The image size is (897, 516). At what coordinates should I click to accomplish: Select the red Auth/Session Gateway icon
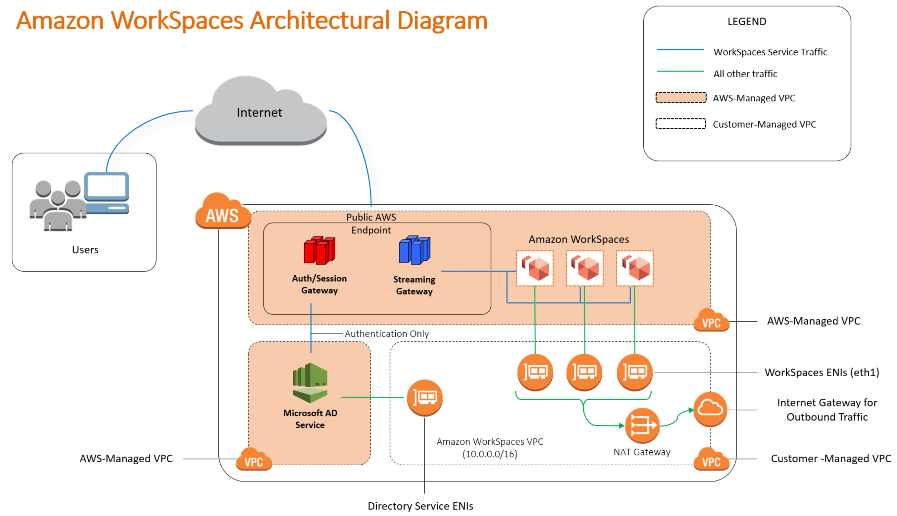pyautogui.click(x=319, y=250)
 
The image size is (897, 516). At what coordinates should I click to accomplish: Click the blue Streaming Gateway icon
pyautogui.click(x=414, y=250)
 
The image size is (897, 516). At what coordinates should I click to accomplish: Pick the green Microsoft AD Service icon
pyautogui.click(x=310, y=383)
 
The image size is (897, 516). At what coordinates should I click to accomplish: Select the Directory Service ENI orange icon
pyautogui.click(x=424, y=398)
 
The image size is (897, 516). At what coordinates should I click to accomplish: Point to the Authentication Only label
pyautogui.click(x=386, y=334)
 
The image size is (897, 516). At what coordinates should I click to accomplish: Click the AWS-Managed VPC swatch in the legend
pyautogui.click(x=680, y=98)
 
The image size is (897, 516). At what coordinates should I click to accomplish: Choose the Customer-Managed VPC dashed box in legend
pyautogui.click(x=680, y=124)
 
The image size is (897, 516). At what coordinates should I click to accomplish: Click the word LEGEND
pyautogui.click(x=746, y=22)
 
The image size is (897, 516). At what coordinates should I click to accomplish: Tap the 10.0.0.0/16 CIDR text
pyautogui.click(x=489, y=454)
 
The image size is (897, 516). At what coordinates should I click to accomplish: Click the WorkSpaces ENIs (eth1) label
pyautogui.click(x=821, y=373)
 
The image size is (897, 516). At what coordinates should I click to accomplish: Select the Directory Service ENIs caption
pyautogui.click(x=420, y=506)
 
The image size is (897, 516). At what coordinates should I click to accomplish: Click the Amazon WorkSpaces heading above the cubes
pyautogui.click(x=578, y=239)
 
